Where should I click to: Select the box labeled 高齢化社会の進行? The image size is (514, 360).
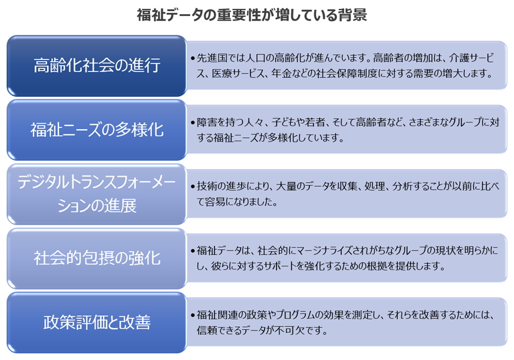tap(97, 65)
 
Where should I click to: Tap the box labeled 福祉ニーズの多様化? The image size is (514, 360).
tap(97, 130)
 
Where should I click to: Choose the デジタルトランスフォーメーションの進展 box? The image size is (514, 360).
tap(97, 194)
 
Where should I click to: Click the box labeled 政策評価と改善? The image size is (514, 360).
tap(97, 322)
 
